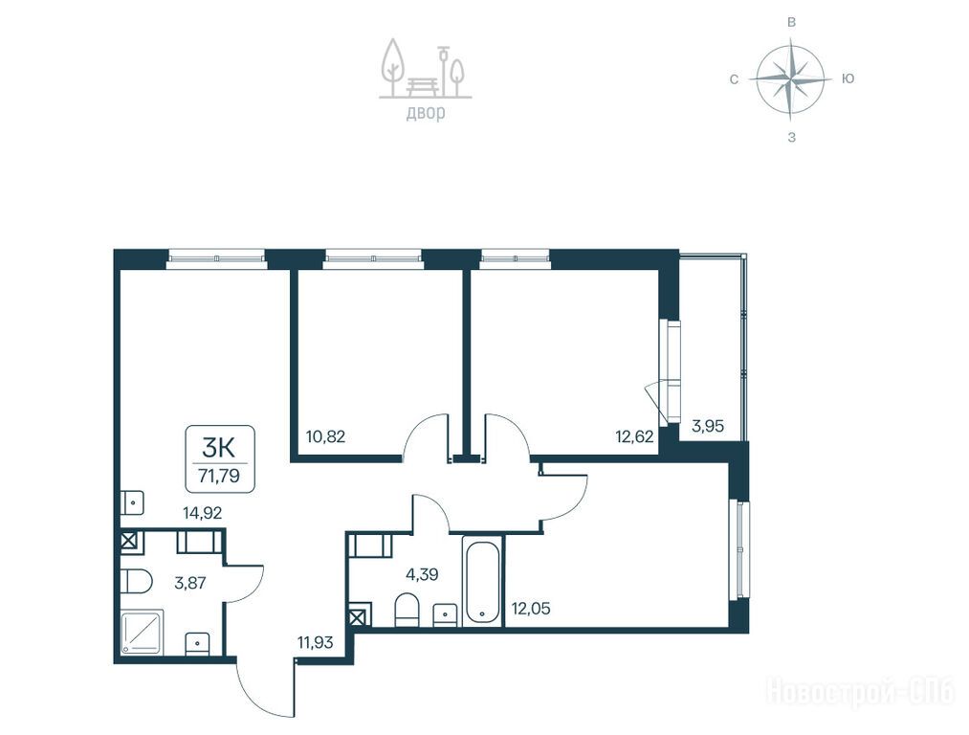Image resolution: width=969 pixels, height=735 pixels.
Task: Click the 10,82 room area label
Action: pyautogui.click(x=325, y=436)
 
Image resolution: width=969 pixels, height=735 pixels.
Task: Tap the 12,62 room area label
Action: pyautogui.click(x=634, y=436)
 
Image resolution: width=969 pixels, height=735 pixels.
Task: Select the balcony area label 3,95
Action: pyautogui.click(x=708, y=426)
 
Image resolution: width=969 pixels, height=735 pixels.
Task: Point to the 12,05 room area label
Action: pyautogui.click(x=531, y=609)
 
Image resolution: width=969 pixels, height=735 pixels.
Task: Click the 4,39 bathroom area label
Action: pyautogui.click(x=422, y=574)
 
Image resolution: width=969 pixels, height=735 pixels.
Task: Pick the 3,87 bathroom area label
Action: pyautogui.click(x=189, y=582)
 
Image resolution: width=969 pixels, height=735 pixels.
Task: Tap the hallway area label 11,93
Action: pyautogui.click(x=315, y=642)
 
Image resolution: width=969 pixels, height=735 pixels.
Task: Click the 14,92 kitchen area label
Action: pyautogui.click(x=202, y=512)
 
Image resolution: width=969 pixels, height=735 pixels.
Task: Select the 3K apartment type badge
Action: pyautogui.click(x=219, y=458)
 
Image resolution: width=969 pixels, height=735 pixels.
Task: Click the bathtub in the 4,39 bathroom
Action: pyautogui.click(x=483, y=580)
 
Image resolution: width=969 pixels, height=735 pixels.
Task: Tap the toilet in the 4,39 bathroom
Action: pyautogui.click(x=407, y=609)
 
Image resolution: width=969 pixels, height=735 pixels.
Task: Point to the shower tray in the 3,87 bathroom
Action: pyautogui.click(x=143, y=633)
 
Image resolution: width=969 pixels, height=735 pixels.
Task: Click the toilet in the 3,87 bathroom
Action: pyautogui.click(x=136, y=581)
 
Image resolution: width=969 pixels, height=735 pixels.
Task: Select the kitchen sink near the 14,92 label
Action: pyautogui.click(x=132, y=502)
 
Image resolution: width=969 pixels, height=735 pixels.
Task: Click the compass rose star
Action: pyautogui.click(x=791, y=79)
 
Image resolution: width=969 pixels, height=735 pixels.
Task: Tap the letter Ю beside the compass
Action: pyautogui.click(x=848, y=78)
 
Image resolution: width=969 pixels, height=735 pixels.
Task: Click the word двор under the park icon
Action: pyautogui.click(x=425, y=113)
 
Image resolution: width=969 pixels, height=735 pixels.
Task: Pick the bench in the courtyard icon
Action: pyautogui.click(x=424, y=86)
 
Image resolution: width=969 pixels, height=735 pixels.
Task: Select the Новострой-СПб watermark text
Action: pyautogui.click(x=861, y=691)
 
